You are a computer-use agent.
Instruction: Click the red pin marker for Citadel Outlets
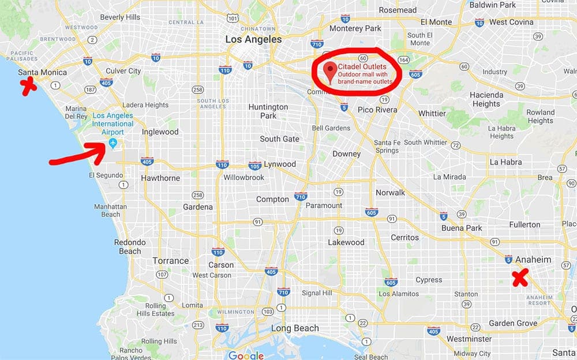tap(331, 70)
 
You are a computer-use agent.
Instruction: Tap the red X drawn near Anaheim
tap(521, 278)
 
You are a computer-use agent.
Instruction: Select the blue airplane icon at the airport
tap(113, 142)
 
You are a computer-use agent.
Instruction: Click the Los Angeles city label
tap(253, 40)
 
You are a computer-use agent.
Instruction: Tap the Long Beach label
tap(295, 328)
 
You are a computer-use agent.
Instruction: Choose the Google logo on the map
tap(246, 355)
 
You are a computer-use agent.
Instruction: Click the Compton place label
tap(272, 199)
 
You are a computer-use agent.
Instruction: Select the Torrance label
tap(171, 260)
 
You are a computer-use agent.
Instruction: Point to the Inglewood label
tap(160, 132)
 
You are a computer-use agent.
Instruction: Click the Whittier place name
tap(432, 113)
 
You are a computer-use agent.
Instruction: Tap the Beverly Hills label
tap(120, 17)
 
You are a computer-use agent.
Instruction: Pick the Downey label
tap(346, 153)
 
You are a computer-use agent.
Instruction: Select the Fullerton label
tap(524, 224)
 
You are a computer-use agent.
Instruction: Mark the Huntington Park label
tap(268, 111)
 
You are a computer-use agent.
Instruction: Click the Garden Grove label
tap(513, 324)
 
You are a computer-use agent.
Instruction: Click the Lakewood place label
tap(346, 242)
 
